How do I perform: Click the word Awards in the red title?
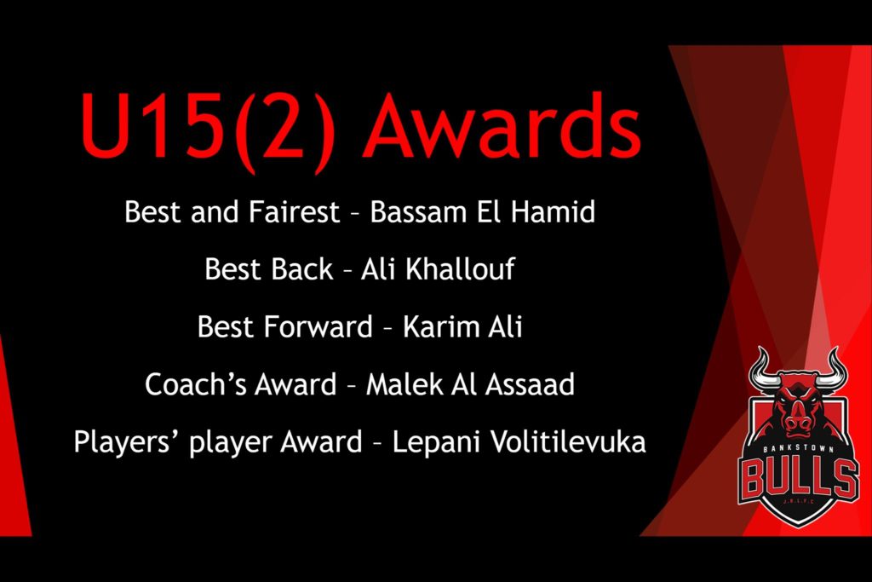[502, 126]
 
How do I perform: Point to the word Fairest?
[294, 212]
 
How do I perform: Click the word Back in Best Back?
[302, 269]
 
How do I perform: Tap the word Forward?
[318, 326]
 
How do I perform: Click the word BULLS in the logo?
[799, 477]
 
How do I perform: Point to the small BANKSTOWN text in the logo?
[799, 450]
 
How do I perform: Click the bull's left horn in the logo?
[761, 372]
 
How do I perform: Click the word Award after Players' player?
[321, 441]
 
